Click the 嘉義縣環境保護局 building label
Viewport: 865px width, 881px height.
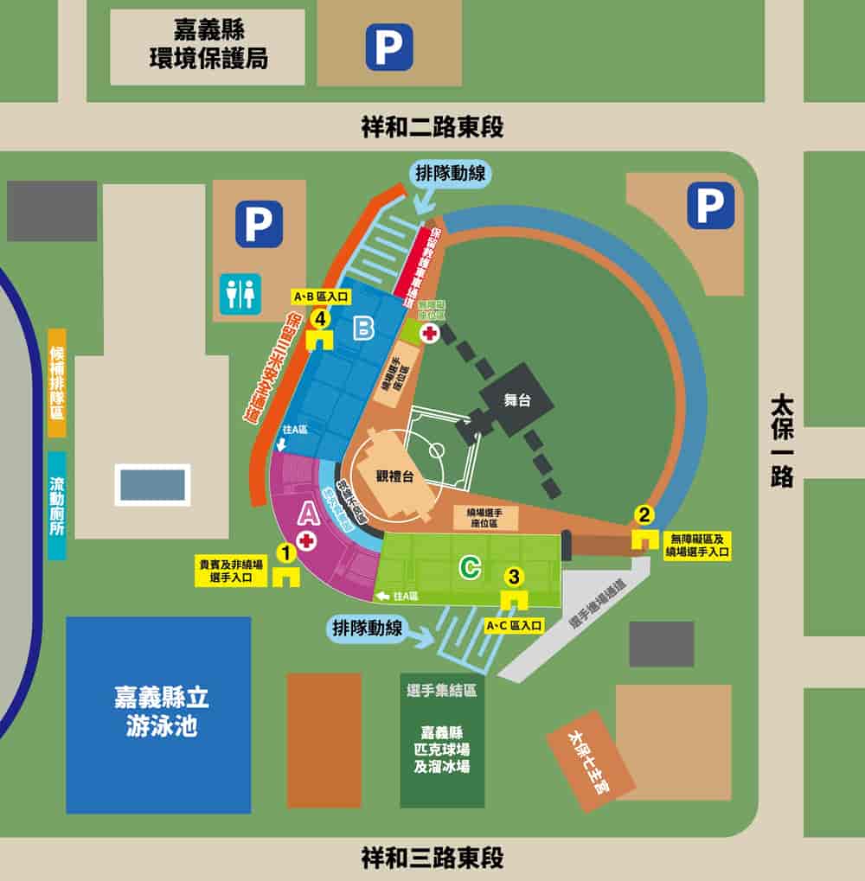tap(208, 46)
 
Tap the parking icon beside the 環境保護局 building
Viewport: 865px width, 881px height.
tap(388, 46)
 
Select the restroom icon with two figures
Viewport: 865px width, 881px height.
tap(240, 294)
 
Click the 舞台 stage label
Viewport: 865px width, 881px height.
tap(516, 400)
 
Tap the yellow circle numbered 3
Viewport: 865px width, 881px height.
tap(515, 575)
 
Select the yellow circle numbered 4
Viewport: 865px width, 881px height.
tap(322, 319)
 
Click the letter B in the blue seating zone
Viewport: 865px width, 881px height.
tap(364, 328)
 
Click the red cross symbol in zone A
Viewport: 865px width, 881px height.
tap(306, 540)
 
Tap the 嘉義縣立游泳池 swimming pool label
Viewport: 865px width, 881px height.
tap(161, 711)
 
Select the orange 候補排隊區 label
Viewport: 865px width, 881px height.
tap(57, 382)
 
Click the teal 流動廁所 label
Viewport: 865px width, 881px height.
tap(57, 505)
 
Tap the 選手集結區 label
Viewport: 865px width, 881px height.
tap(441, 691)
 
